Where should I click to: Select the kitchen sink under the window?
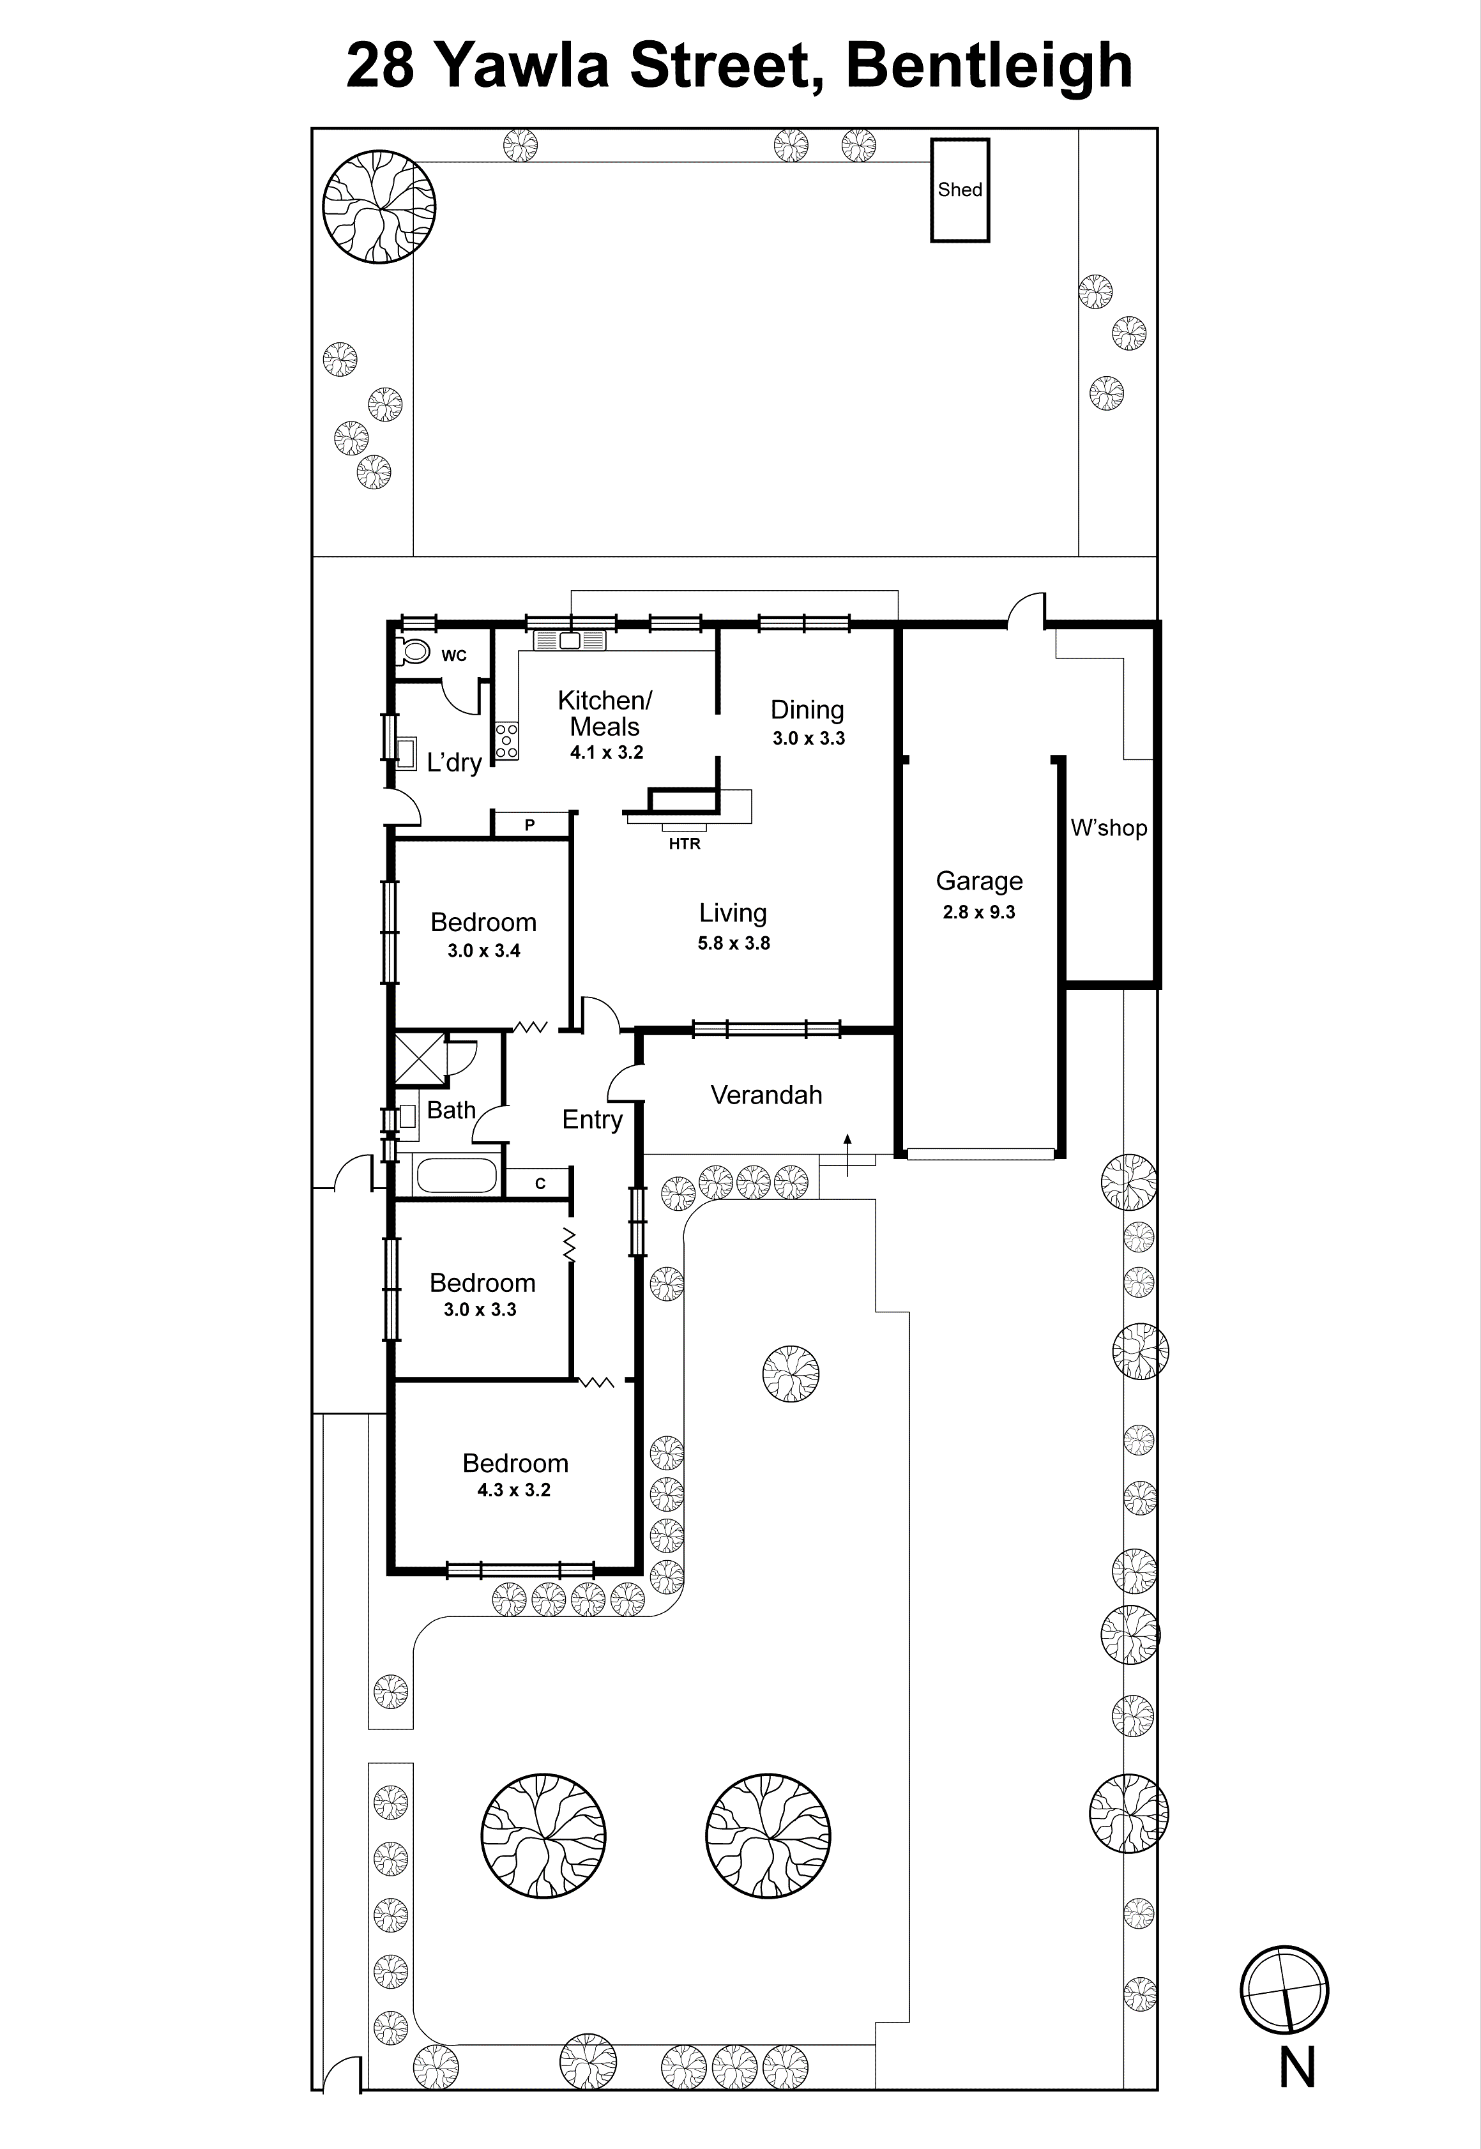click(569, 641)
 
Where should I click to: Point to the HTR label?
click(685, 844)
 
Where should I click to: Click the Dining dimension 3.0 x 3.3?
click(809, 739)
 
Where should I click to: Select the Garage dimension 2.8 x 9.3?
click(979, 912)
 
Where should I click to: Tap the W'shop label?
click(1109, 828)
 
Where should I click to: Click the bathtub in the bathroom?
click(457, 1176)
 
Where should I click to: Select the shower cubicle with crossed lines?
click(420, 1058)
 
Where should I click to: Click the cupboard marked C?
click(540, 1183)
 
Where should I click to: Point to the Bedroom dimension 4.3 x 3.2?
click(514, 1489)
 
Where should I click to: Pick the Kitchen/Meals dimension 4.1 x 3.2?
click(606, 752)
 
